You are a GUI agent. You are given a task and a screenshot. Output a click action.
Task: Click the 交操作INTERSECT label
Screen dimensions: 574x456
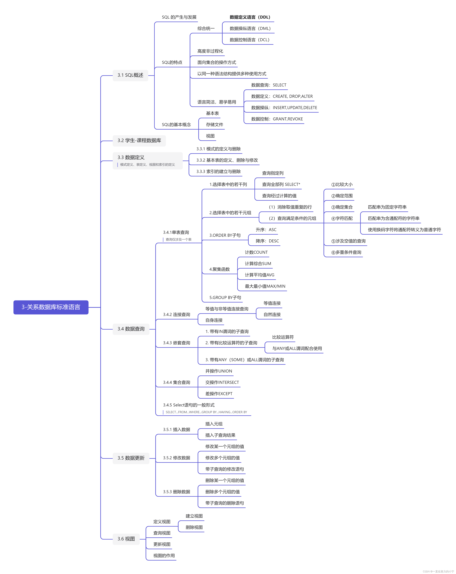[x=222, y=382]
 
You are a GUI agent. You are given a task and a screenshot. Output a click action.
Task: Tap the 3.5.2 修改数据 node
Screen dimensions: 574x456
[x=177, y=458]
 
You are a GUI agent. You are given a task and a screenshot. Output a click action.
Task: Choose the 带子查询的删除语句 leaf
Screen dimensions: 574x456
[x=224, y=503]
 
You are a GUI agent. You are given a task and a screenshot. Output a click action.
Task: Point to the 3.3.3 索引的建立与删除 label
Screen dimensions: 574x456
[x=218, y=171]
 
